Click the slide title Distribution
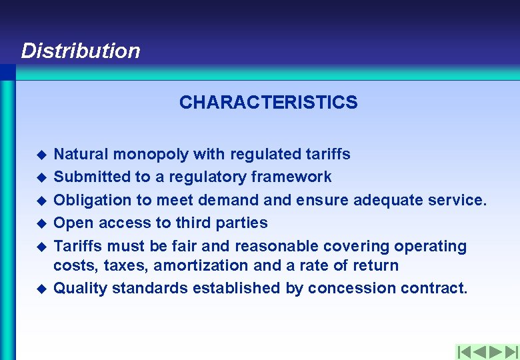(81, 51)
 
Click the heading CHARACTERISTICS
(268, 103)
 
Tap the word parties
(239, 223)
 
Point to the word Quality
(80, 288)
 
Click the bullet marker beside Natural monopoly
(41, 155)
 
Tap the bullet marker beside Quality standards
(41, 289)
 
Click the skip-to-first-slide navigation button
(464, 351)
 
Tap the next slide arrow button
(495, 351)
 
